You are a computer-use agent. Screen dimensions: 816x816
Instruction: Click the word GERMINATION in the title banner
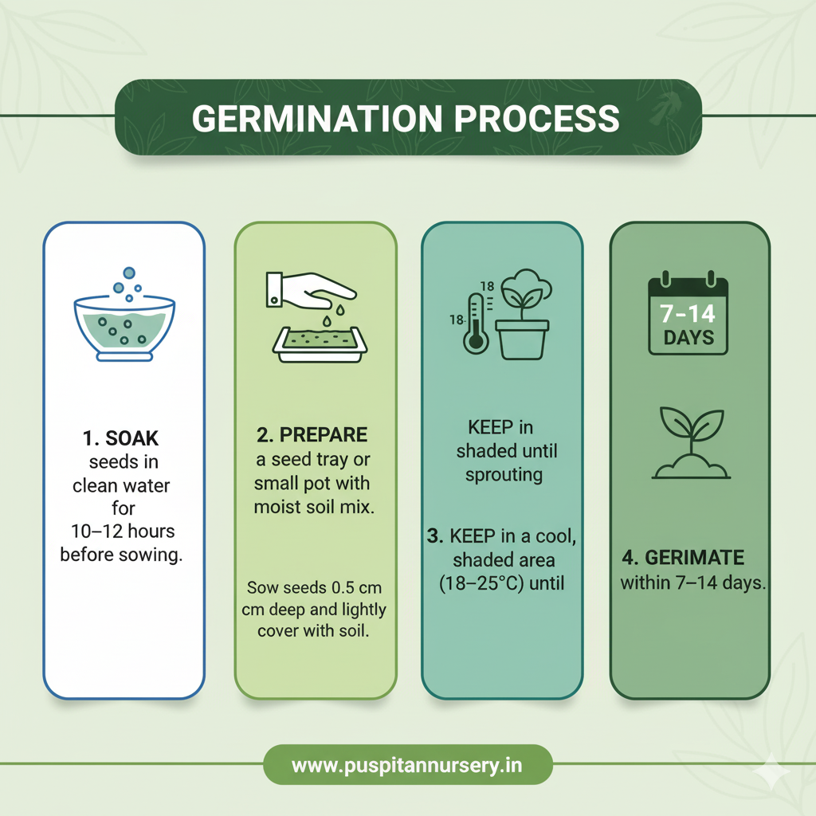pos(317,119)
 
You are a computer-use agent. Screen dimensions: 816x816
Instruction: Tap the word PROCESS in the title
pos(536,119)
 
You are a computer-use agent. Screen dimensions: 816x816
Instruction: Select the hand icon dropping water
pos(311,295)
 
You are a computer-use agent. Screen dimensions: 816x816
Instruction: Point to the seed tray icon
pos(320,344)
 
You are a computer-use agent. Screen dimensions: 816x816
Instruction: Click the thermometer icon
pos(476,324)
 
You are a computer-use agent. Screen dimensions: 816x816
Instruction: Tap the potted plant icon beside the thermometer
pos(524,314)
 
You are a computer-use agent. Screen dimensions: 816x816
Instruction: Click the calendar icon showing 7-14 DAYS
pos(688,313)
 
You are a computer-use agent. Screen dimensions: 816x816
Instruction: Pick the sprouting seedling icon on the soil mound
pos(691,443)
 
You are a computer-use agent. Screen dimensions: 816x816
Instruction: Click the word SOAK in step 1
pos(131,439)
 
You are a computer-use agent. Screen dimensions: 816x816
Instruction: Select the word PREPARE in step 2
pos(324,435)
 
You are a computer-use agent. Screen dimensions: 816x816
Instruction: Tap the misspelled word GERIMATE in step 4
pos(694,558)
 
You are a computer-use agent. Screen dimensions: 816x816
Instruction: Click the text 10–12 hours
pos(123,532)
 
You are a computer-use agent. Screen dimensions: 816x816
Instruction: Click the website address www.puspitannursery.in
pos(407,766)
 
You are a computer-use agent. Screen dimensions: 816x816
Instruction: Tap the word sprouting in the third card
pos(504,476)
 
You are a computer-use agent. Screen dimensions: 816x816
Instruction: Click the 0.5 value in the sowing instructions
pos(343,588)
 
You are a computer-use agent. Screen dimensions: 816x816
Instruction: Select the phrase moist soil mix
pos(314,507)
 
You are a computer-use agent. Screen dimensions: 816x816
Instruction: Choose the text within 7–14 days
pos(693,583)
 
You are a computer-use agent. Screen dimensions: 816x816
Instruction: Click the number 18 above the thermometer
pos(487,286)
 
